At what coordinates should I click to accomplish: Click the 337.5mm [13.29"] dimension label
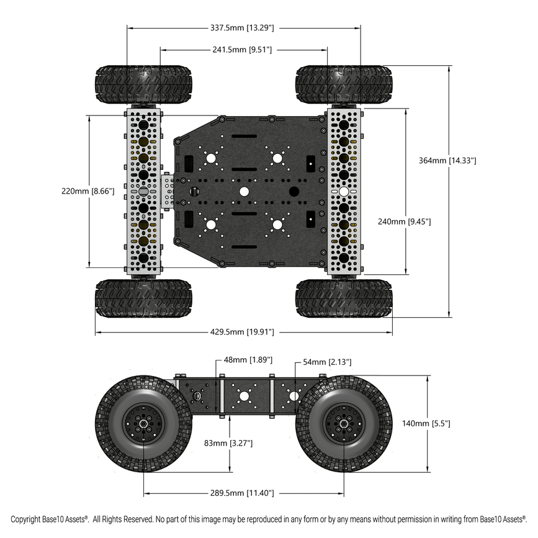coord(243,27)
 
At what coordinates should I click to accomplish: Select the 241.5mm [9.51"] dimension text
coord(243,50)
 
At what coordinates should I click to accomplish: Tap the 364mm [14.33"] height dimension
coord(447,160)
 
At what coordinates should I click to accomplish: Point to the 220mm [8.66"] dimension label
coord(88,191)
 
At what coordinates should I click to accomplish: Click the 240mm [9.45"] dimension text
coord(405,221)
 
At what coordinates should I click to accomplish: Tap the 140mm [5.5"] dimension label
coord(426,423)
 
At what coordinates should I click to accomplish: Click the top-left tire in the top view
coord(143,84)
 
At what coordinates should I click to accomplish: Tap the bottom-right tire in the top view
coord(344,298)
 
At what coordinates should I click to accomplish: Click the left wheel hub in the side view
coord(143,424)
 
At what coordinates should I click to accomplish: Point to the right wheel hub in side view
coord(344,424)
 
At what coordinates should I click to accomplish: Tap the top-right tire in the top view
coord(344,84)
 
